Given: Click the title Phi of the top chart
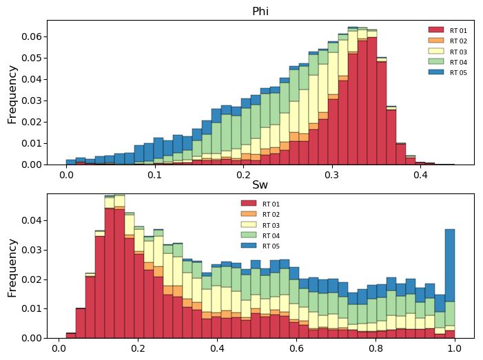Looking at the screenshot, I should pos(260,11).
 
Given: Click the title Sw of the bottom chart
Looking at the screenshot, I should pos(260,184).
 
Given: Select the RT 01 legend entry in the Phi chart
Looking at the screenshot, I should pos(458,31).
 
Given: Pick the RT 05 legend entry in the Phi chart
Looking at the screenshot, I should pos(458,72).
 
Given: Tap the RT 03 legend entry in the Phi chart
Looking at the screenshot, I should pos(458,52).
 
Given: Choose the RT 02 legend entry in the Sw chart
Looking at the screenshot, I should pos(271,215).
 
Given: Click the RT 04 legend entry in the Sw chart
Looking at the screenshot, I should pos(271,235).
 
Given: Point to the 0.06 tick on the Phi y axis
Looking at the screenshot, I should pos(32,36).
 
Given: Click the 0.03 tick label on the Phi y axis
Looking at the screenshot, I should pos(32,100).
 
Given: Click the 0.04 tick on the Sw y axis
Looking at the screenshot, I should pos(32,220).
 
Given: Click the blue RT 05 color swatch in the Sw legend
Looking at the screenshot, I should pos(248,246).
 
